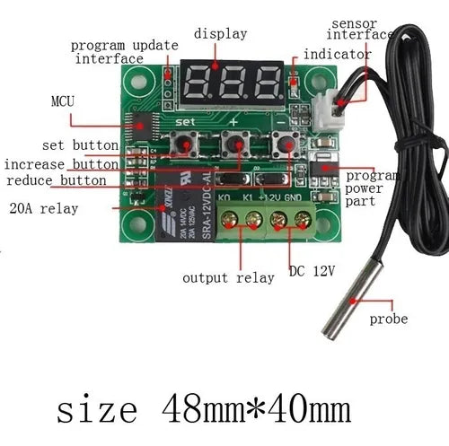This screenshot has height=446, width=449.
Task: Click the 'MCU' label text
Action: pyautogui.click(x=63, y=101)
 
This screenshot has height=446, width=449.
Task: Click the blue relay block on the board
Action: pyautogui.click(x=186, y=206)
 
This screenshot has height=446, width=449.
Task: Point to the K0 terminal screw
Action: pyautogui.click(x=229, y=220)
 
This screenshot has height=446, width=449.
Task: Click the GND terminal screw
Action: pyautogui.click(x=303, y=220)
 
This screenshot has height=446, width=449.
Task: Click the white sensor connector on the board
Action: pyautogui.click(x=327, y=110)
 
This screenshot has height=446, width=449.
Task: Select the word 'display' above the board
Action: pyautogui.click(x=220, y=33)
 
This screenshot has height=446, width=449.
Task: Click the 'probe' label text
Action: pyautogui.click(x=389, y=319)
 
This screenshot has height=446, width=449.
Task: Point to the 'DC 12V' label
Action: pyautogui.click(x=312, y=271)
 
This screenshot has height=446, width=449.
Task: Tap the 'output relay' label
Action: pyautogui.click(x=228, y=278)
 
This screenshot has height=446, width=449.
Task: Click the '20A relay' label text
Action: pyautogui.click(x=44, y=208)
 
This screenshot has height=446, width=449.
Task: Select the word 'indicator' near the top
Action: pyautogui.click(x=338, y=54)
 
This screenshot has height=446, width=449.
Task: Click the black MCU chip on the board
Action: pyautogui.click(x=143, y=126)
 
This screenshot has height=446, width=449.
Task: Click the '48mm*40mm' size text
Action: pyautogui.click(x=256, y=408)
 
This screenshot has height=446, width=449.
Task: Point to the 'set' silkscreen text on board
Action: pyautogui.click(x=185, y=122)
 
